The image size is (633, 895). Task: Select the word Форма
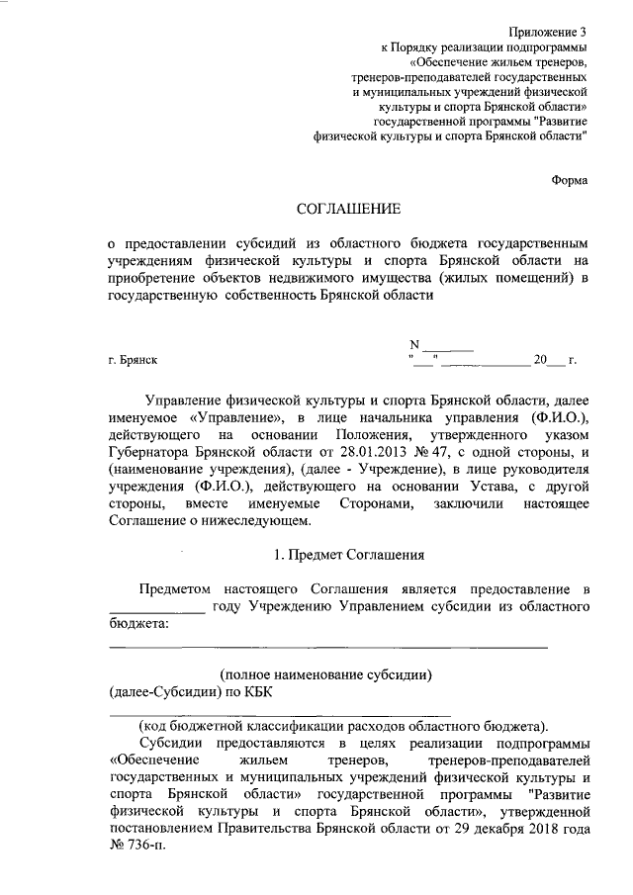(569, 180)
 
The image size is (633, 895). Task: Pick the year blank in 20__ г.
(556, 362)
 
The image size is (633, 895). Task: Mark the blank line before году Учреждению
(156, 607)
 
